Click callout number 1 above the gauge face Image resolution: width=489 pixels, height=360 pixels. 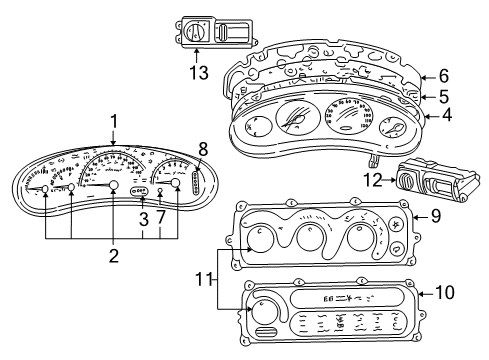pos(114,122)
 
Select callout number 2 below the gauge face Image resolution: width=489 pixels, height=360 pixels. pos(113,256)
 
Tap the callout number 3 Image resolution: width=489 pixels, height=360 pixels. pos(143,217)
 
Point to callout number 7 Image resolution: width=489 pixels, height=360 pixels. pos(161,217)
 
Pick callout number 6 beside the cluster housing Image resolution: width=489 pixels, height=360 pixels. pos(444,75)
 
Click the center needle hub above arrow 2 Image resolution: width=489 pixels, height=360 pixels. pos(113,187)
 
